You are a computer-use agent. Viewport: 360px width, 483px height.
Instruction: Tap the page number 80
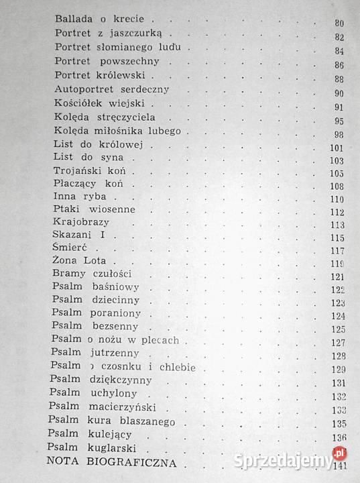(338, 23)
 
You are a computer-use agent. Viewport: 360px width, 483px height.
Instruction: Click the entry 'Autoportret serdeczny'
(112, 90)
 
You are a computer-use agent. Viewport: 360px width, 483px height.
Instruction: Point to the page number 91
(338, 107)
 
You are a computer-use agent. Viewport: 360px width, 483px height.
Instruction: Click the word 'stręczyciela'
(127, 118)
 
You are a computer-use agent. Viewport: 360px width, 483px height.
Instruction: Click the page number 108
(337, 186)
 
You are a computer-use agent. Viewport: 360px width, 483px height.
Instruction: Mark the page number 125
(338, 329)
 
